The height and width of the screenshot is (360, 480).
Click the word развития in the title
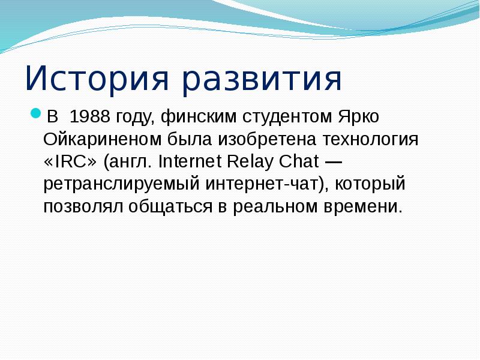(x=262, y=80)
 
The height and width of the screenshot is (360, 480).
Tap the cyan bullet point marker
(x=35, y=113)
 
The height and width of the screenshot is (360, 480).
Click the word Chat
(x=301, y=161)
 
